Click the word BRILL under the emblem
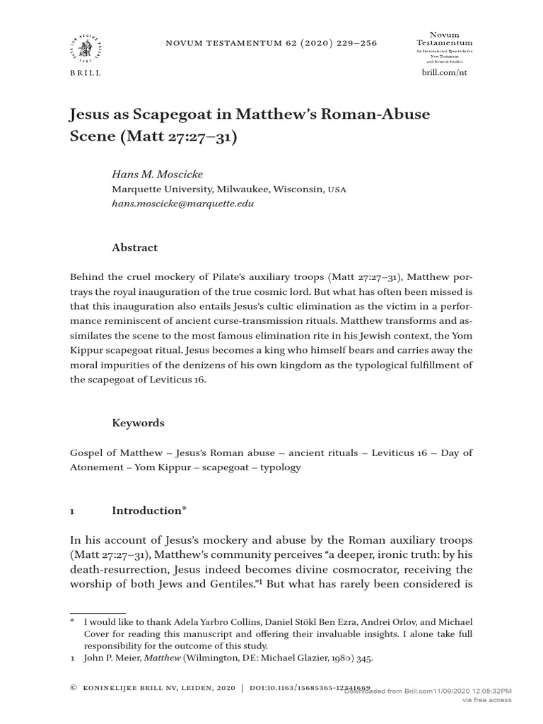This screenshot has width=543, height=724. tap(84, 73)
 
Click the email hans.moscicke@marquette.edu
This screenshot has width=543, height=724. tap(182, 204)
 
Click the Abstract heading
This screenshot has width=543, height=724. tap(134, 247)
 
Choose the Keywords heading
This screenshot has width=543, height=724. tap(139, 423)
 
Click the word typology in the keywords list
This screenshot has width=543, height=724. tap(281, 467)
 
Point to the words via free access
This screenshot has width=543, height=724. tap(486, 699)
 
